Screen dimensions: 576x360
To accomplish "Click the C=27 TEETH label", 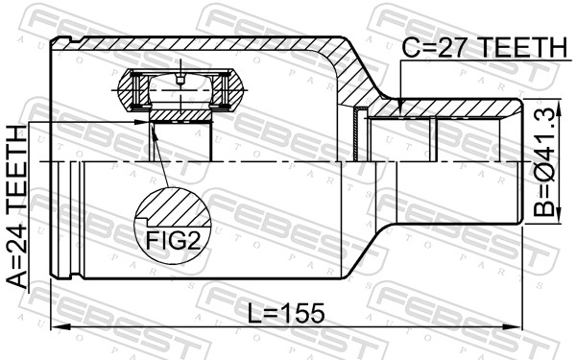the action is pyautogui.click(x=485, y=47).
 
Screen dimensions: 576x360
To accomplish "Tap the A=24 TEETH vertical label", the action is pyautogui.click(x=17, y=206).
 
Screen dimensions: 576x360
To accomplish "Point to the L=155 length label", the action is pyautogui.click(x=286, y=313).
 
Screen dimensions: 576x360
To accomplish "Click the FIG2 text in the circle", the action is pyautogui.click(x=174, y=241).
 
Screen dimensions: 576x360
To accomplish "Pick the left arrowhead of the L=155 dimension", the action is pyautogui.click(x=60, y=326).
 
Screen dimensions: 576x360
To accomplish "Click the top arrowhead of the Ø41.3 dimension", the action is pyautogui.click(x=559, y=108).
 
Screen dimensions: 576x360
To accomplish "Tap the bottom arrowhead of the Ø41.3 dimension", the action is pyautogui.click(x=559, y=214).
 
